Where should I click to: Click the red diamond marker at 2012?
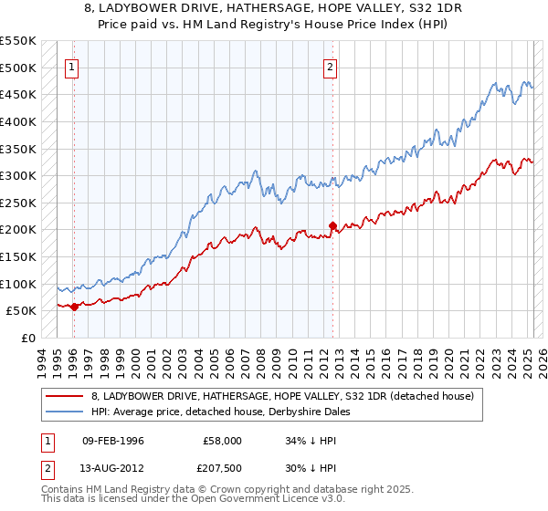(x=332, y=225)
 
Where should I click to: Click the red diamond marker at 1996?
(x=74, y=307)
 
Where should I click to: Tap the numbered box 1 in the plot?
(x=72, y=66)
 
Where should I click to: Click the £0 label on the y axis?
(x=28, y=338)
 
